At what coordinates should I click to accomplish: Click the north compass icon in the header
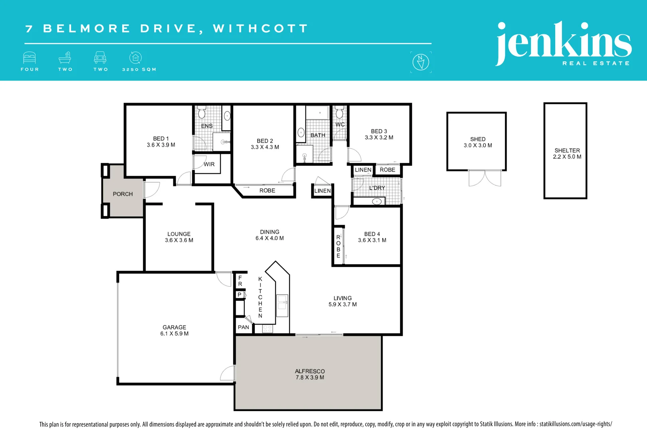point(421,62)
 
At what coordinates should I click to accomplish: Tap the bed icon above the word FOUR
point(30,58)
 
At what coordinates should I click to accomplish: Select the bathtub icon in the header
point(65,58)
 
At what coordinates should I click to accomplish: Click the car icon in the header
point(100,58)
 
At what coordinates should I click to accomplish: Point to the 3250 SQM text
point(139,69)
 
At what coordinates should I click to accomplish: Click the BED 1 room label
point(161,138)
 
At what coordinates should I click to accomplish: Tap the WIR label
point(209,164)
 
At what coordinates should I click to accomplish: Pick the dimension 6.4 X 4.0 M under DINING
point(270,238)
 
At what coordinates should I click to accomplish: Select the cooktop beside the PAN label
point(267,329)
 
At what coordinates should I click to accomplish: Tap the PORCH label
point(123,194)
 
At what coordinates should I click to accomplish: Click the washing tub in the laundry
point(377,202)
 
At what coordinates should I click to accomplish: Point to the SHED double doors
point(485,178)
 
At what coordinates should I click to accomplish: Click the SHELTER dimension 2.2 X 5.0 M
point(567,157)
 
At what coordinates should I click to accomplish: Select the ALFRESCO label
point(310,371)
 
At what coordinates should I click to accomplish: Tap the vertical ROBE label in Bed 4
point(338,246)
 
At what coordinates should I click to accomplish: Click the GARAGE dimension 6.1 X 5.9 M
point(175,334)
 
